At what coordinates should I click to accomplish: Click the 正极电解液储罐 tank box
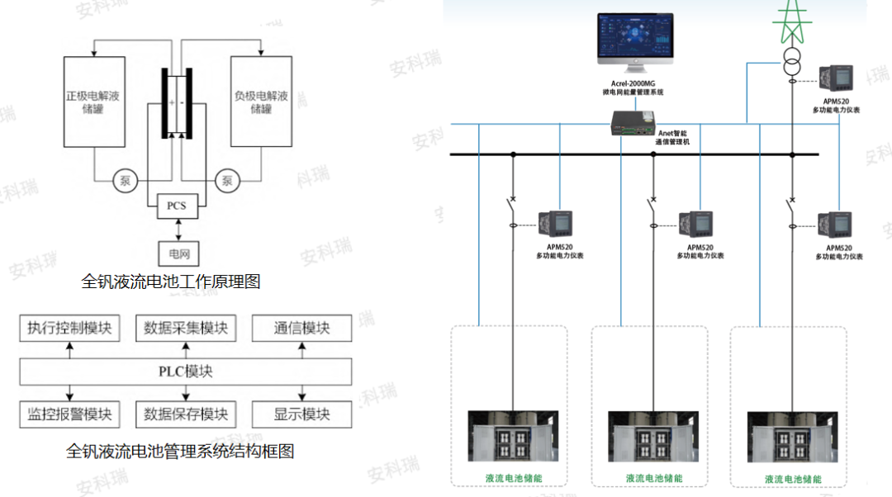pos(94,102)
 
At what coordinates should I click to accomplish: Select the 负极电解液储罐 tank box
pos(261,102)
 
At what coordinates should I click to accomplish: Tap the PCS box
pos(177,206)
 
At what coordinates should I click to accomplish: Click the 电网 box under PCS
pos(178,253)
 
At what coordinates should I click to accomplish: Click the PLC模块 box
pos(186,371)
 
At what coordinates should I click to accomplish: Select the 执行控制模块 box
pos(69,328)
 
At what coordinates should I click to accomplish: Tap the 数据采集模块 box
pos(186,328)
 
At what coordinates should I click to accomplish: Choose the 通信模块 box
pos(301,328)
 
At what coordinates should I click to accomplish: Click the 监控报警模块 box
pos(69,414)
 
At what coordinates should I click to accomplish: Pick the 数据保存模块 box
pos(186,414)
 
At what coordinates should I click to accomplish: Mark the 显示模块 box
pos(301,414)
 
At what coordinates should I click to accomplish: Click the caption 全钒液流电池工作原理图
pos(171,282)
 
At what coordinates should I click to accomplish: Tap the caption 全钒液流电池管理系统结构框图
pos(179,451)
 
